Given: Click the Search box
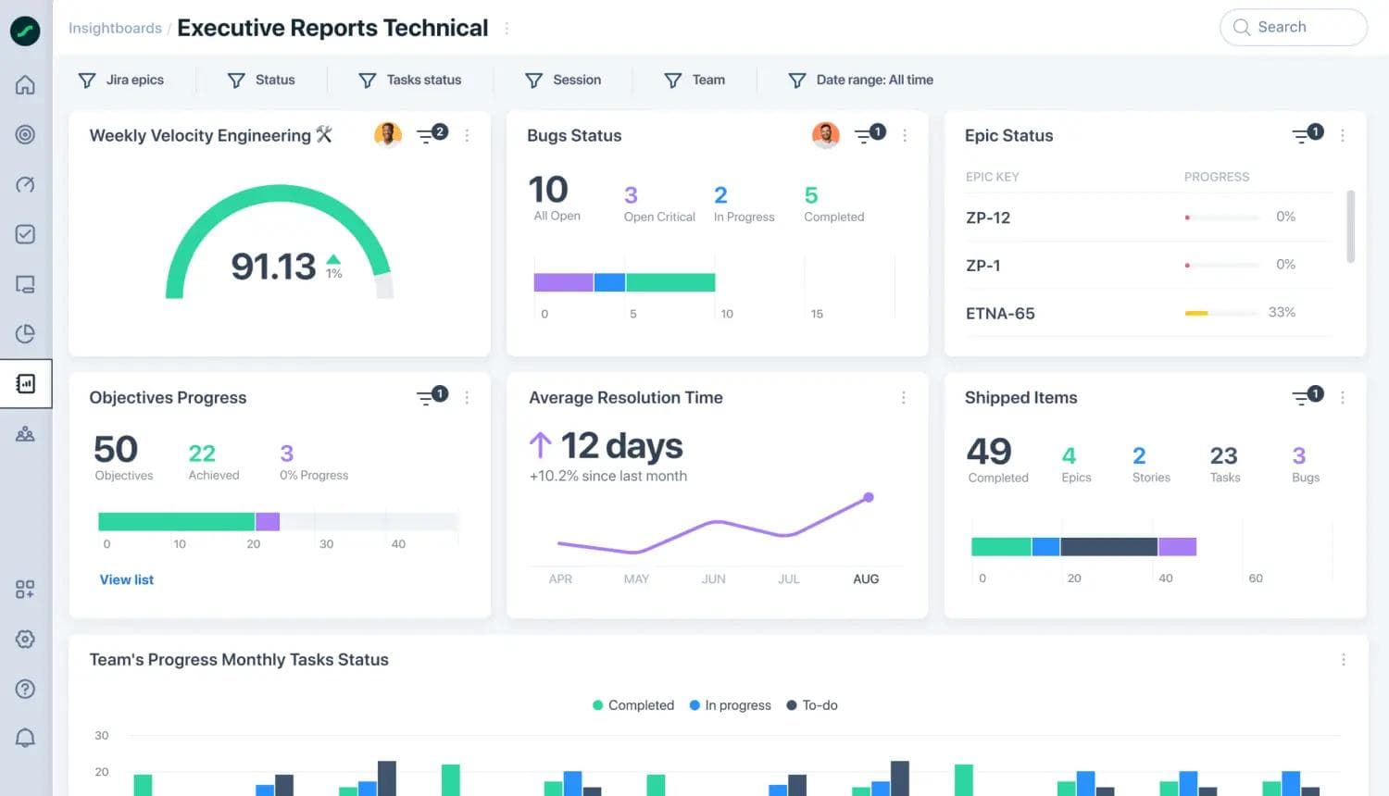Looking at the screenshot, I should [1293, 28].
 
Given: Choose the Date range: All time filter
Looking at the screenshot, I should [860, 81].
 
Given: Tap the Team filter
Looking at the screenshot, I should [695, 81].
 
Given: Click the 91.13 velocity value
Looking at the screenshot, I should [273, 267].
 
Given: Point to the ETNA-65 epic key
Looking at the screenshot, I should [1000, 314].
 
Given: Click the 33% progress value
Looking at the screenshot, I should [1282, 313].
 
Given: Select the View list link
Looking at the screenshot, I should [127, 580].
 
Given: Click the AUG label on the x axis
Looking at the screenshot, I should [866, 579].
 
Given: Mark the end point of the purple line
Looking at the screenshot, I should [869, 498].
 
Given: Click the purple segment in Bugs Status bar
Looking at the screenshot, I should [563, 282].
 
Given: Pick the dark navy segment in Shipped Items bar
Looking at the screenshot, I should [1108, 547].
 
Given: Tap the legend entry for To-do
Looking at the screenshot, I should [812, 705].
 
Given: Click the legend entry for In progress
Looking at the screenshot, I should [731, 705].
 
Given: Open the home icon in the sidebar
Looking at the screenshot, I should [25, 85].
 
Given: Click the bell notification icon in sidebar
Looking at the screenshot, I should [25, 738].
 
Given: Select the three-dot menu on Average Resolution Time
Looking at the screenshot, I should [904, 398].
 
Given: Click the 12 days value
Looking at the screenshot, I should [621, 446].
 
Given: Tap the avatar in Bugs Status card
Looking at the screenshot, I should [825, 135].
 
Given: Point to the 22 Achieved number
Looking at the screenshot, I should [202, 454].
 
